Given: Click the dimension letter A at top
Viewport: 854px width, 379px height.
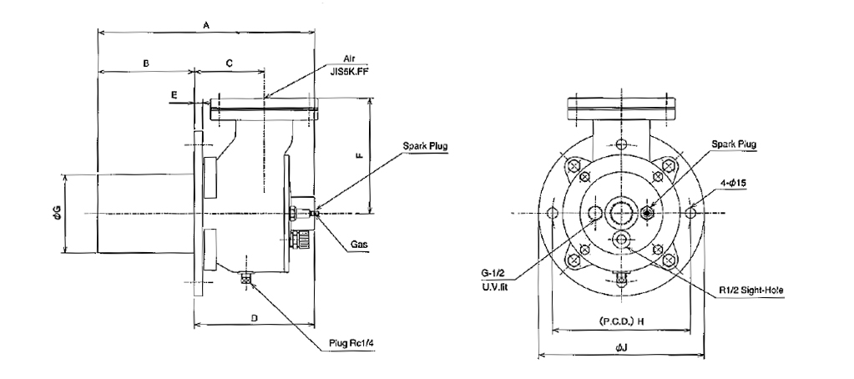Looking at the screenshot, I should pos(206,26).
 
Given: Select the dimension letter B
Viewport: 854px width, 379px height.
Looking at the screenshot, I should pos(145,63).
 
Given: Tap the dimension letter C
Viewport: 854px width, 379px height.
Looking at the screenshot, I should pos(230,63).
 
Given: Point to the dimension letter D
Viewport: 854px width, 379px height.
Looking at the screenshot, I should pos(255,317).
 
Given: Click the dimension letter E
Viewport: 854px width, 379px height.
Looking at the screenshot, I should pos(174,96).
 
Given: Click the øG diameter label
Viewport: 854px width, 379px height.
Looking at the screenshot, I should pos(55,213).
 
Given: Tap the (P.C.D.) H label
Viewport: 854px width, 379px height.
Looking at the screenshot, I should pos(622,321).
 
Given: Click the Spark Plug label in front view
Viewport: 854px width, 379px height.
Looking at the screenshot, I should pos(734,145).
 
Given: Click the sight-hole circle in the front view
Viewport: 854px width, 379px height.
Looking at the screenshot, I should pos(623,240).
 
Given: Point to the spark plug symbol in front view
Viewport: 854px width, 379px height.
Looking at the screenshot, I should pos(649,213).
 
